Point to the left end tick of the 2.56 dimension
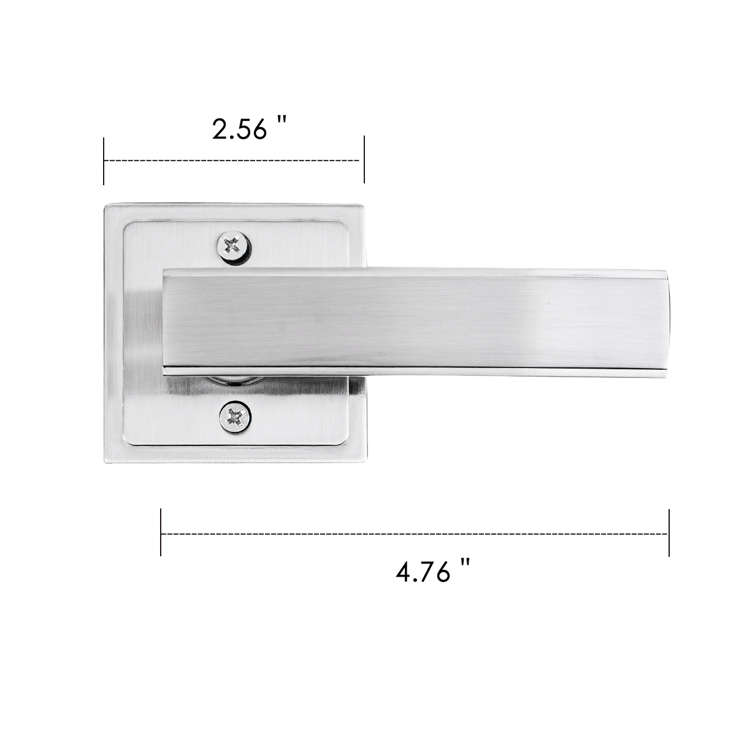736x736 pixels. [104, 161]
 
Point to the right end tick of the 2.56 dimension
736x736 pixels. [364, 159]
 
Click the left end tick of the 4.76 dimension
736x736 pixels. [161, 534]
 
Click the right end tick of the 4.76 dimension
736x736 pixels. [669, 533]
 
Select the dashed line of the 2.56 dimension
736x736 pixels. [231, 161]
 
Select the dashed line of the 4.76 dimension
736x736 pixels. [415, 534]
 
